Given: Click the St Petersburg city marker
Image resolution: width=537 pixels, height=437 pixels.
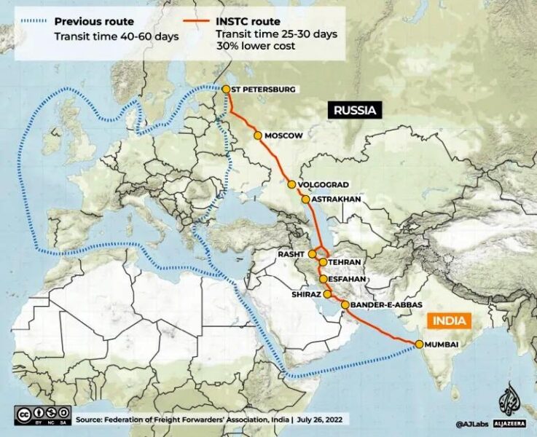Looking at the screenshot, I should coord(227,89).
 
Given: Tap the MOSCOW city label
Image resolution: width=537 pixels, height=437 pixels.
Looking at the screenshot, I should coord(283,135).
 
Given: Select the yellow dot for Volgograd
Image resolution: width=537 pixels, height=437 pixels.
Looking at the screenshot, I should coord(291,185).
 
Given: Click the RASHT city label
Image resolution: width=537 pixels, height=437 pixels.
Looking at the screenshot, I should coord(291,253).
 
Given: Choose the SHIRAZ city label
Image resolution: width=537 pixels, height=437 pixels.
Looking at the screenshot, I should coord(306,294).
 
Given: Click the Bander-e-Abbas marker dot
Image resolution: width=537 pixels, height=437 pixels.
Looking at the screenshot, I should coord(345,304).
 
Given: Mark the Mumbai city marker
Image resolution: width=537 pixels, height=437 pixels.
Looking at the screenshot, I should coord(419,344).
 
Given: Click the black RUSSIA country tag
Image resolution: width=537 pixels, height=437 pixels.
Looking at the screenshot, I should coord(355,111).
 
